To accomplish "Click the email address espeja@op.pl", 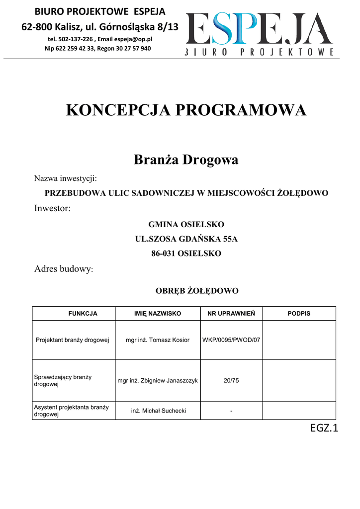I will click(x=133, y=39).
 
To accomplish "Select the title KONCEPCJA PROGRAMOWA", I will click(x=186, y=110).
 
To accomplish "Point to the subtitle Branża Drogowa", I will click(x=186, y=160).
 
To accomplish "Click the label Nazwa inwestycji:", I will click(x=65, y=178).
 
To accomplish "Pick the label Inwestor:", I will click(x=52, y=208).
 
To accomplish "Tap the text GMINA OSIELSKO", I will click(x=186, y=224).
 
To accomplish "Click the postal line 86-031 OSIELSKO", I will click(x=186, y=254).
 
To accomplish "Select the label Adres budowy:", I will click(x=64, y=269).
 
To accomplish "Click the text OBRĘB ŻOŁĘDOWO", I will click(x=197, y=291).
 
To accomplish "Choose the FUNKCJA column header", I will click(x=83, y=314).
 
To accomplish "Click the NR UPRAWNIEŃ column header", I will click(x=231, y=314).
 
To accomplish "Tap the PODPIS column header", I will click(x=299, y=314).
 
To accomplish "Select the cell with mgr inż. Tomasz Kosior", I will click(x=158, y=340).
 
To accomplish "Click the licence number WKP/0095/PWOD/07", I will click(x=231, y=340).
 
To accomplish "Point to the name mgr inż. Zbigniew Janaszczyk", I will click(x=158, y=381).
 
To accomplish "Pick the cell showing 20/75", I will click(x=231, y=381).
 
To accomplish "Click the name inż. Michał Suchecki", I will click(x=158, y=411).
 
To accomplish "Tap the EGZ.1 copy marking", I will click(x=324, y=428).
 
